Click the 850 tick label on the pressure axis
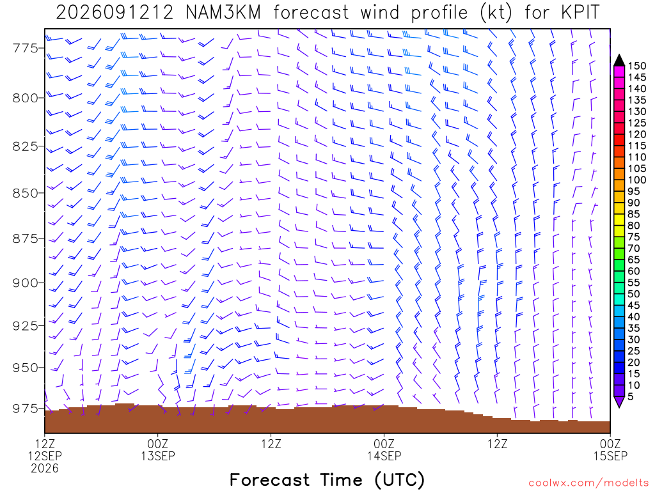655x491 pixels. pos(25,193)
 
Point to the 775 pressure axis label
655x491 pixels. pos(25,49)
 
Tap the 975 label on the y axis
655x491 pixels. pos(25,409)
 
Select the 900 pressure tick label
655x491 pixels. pos(25,283)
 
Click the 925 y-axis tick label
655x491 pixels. pos(25,325)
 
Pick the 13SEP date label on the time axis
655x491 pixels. pos(158,456)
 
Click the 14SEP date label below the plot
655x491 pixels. pos(384,456)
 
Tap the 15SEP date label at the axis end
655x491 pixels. pos(610,456)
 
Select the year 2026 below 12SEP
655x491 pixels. pos(45,469)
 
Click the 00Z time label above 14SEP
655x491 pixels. pos(384,444)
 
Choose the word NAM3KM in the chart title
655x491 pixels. pos(223,13)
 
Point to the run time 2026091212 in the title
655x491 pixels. pos(114,13)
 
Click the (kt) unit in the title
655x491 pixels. pos(496,13)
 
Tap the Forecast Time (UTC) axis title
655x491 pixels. pos(327,479)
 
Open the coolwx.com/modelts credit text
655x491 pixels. pos(588,483)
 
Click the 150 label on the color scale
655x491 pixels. pos(637,66)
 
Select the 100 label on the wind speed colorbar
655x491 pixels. pos(637,180)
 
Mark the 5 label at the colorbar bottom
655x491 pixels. pos(631,396)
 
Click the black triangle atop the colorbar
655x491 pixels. pos(619,61)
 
